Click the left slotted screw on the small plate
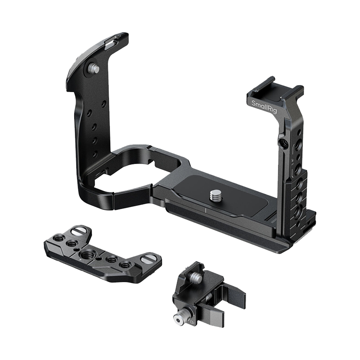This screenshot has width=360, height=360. (x=77, y=232)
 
